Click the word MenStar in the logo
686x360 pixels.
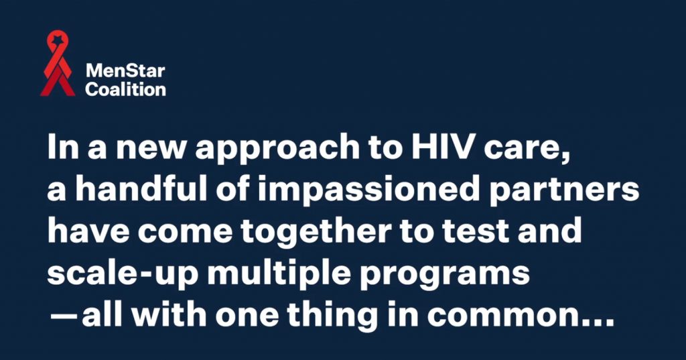click(125, 70)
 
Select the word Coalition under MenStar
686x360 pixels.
click(125, 89)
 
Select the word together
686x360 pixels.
click(316, 233)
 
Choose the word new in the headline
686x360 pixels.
click(151, 149)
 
